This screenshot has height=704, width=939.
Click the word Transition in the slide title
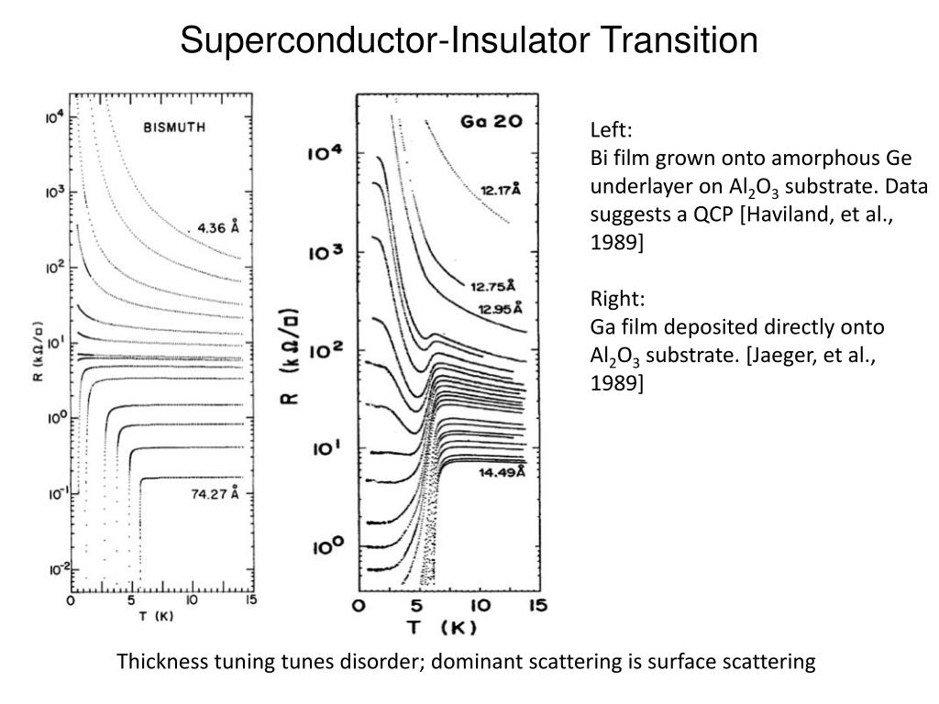678,40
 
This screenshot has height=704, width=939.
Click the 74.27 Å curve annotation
215,493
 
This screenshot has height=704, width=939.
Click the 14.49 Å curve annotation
502,473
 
